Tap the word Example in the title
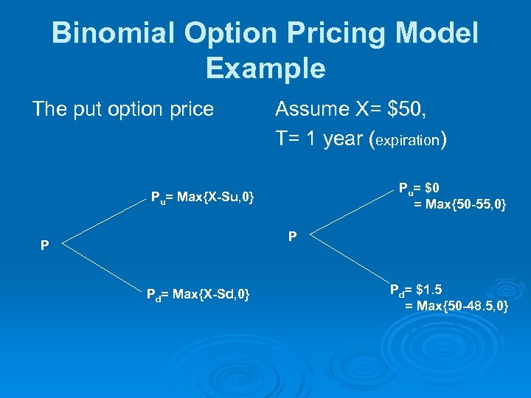point(265,68)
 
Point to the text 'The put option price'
point(123,109)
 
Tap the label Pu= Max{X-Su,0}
point(202,197)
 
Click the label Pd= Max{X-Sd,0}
point(198,296)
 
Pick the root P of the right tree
point(293,236)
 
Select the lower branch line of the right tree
point(343,262)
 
